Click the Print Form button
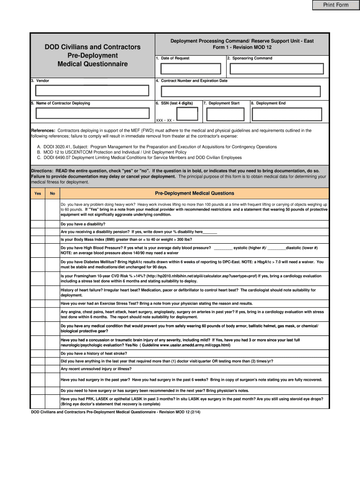[x=336, y=5]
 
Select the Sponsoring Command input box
[x=277, y=69]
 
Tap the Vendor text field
[x=93, y=91]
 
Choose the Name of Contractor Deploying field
[x=93, y=113]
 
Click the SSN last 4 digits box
[x=187, y=114]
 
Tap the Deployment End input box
[x=286, y=114]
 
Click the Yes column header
[x=37, y=194]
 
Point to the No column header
[x=52, y=194]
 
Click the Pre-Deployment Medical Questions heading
[x=194, y=193]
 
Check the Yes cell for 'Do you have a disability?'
[x=37, y=224]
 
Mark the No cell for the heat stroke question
[x=52, y=354]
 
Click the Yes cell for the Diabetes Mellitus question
[x=37, y=264]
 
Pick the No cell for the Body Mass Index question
[x=52, y=239]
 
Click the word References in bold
[x=43, y=131]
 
